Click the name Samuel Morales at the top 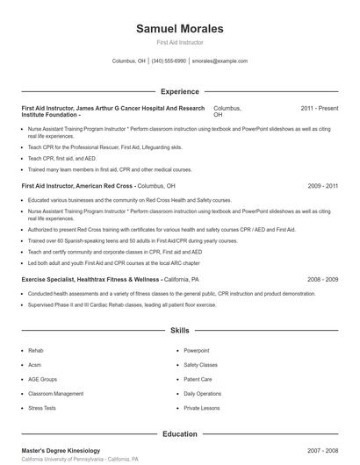click(x=179, y=29)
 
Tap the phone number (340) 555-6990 click(x=169, y=61)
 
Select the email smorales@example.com click(x=220, y=61)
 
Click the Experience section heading click(x=179, y=91)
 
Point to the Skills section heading click(x=179, y=331)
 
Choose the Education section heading click(x=179, y=433)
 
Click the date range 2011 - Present click(x=319, y=108)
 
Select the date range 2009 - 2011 click(x=323, y=186)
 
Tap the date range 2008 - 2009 click(x=323, y=279)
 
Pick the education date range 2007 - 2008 click(x=323, y=450)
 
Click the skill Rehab click(x=35, y=351)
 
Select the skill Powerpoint click(x=197, y=351)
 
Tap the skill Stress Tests click(x=41, y=408)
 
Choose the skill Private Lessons click(x=201, y=408)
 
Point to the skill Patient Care click(x=198, y=379)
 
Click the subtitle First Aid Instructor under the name click(x=179, y=43)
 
